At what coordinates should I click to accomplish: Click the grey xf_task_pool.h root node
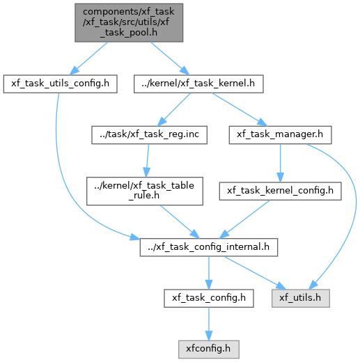tap(129, 22)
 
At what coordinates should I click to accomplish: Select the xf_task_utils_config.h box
tap(61, 84)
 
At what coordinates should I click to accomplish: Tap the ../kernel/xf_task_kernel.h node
tap(198, 84)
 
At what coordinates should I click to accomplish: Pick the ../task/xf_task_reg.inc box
tap(149, 135)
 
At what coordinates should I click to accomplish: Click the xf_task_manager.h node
tap(280, 135)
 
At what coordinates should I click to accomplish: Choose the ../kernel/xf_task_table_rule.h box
tap(145, 191)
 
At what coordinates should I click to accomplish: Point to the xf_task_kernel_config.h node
tap(280, 191)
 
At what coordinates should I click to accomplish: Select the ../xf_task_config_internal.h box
tap(209, 247)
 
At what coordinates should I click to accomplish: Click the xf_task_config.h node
tap(209, 298)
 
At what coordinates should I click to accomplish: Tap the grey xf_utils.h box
tap(301, 298)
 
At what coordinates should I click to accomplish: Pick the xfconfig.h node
tap(209, 349)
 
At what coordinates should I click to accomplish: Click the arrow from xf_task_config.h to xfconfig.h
tap(209, 324)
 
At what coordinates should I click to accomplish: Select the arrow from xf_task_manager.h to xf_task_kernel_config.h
tap(280, 163)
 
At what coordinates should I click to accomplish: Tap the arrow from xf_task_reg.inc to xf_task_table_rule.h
tap(148, 161)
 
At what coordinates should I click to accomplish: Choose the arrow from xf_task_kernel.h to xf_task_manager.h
tap(240, 109)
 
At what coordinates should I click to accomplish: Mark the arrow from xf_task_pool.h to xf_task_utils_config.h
tap(88, 58)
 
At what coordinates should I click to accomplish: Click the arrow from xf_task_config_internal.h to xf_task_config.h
tap(209, 273)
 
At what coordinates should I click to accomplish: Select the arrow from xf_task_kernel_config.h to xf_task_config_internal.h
tap(244, 219)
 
